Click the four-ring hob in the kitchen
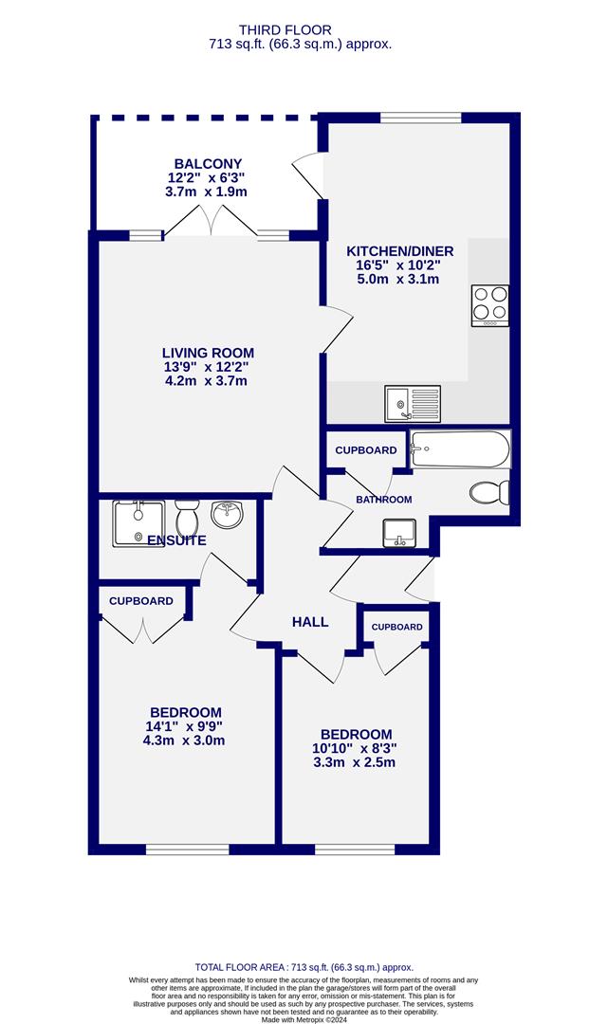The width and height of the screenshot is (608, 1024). pos(490,305)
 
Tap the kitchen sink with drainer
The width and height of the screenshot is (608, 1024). pos(413,404)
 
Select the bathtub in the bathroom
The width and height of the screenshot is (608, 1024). pos(460,449)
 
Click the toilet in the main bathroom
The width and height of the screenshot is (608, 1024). pos(489,492)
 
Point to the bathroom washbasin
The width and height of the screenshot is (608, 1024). pos(399,532)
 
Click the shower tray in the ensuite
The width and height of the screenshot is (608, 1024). pos(138,523)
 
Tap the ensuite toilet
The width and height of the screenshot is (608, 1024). pos(188,518)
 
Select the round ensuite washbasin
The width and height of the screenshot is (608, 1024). pos(228,514)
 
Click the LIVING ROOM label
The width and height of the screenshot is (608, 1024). pos(208,353)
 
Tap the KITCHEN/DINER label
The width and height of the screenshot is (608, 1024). pos(399,250)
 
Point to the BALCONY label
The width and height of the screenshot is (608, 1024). pos(208,164)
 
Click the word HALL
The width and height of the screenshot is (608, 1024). pos(310,622)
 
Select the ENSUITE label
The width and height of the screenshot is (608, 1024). pos(177,540)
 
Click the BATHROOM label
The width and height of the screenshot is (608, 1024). pos(384,500)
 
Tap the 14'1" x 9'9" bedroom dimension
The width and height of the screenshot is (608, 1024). pos(186,726)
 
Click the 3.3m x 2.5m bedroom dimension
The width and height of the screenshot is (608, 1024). pos(354,762)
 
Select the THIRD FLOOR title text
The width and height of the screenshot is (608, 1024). pos(285,30)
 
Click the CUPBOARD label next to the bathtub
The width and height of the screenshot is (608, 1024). pos(366,450)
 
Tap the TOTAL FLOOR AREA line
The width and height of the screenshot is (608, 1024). pos(304,967)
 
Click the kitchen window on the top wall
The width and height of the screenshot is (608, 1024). pos(421,119)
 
